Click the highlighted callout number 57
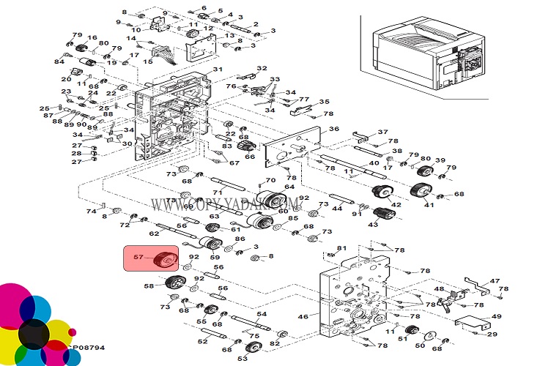tap(138, 256)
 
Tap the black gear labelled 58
tap(173, 283)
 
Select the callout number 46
tap(303, 316)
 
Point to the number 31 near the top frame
tap(218, 70)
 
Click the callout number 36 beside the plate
tap(334, 129)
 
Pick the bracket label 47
tap(495, 281)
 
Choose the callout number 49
tap(497, 316)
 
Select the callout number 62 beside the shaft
tap(154, 234)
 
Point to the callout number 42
tap(396, 205)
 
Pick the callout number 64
tap(289, 187)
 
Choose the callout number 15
tap(148, 61)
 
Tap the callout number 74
tap(92, 211)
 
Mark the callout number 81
tap(341, 249)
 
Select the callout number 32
tap(262, 68)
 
